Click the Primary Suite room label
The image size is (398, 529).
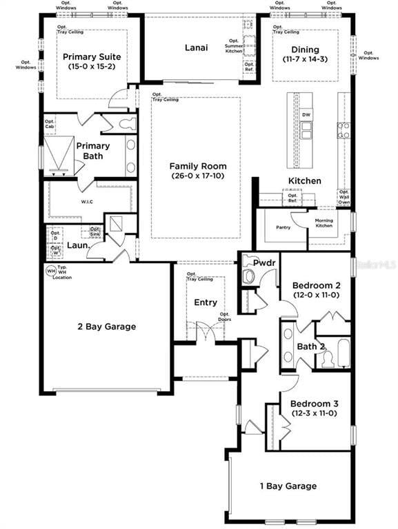(x=92, y=57)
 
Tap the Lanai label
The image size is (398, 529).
(x=197, y=48)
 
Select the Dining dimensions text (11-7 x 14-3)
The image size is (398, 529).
(x=305, y=60)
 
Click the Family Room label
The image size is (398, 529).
(x=197, y=165)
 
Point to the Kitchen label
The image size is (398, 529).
(x=304, y=180)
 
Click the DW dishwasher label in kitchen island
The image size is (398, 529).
(x=306, y=115)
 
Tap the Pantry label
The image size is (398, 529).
(x=283, y=227)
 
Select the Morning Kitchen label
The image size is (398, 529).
(x=324, y=223)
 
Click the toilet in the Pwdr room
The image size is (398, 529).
(x=248, y=276)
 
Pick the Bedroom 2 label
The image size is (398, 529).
(x=316, y=285)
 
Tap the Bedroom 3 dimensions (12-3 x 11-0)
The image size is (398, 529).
(x=313, y=413)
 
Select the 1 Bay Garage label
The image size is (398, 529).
(x=288, y=486)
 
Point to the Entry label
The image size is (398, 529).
(x=206, y=302)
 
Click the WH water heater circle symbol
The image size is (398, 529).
(x=50, y=271)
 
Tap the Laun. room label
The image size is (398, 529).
(x=76, y=245)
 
